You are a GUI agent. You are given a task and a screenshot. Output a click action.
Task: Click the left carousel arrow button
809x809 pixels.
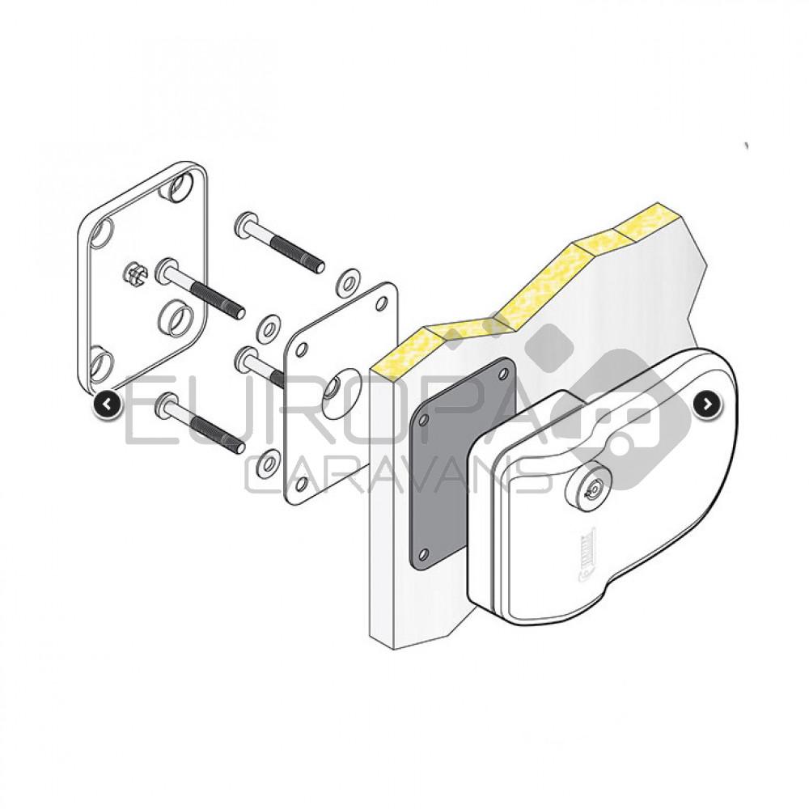(x=108, y=404)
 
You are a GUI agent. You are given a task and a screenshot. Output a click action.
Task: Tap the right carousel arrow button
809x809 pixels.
(x=706, y=404)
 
